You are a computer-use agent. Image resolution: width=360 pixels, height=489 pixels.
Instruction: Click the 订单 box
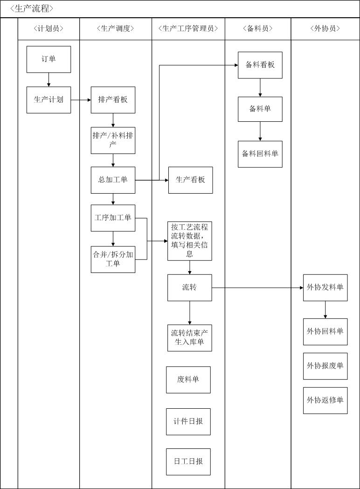click(48, 59)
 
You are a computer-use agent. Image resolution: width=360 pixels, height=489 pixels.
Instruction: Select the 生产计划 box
click(48, 100)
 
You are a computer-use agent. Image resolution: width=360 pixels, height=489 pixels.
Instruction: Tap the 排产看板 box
click(113, 100)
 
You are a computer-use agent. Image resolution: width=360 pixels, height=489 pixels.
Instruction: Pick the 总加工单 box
click(113, 180)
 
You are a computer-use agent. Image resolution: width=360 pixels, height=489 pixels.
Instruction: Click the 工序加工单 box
click(113, 218)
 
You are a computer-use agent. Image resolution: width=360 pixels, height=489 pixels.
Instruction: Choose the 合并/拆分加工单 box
click(113, 259)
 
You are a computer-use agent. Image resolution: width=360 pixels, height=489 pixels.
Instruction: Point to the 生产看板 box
click(190, 180)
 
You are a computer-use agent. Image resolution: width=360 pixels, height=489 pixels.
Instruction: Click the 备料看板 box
click(260, 65)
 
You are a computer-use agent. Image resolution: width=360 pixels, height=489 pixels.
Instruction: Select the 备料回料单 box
click(260, 154)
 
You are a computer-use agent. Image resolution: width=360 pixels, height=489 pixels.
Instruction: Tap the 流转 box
click(189, 287)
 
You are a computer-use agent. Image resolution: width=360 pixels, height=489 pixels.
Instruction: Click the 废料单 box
click(188, 379)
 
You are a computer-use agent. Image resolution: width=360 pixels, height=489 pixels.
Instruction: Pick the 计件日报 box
click(188, 422)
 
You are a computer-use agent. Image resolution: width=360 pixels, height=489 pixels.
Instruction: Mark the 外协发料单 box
click(325, 287)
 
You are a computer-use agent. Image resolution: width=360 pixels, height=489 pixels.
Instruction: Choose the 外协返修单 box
click(325, 400)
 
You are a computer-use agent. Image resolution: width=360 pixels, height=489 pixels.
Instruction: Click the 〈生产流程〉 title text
click(32, 9)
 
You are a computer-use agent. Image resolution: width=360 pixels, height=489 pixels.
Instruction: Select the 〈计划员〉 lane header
click(48, 28)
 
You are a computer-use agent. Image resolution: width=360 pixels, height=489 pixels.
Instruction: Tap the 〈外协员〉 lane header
click(325, 28)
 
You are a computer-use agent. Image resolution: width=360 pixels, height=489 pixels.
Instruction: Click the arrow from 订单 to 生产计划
click(48, 80)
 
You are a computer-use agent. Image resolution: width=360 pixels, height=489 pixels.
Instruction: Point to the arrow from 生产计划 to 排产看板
click(81, 100)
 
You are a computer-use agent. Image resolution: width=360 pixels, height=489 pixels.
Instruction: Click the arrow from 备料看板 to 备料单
click(260, 88)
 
